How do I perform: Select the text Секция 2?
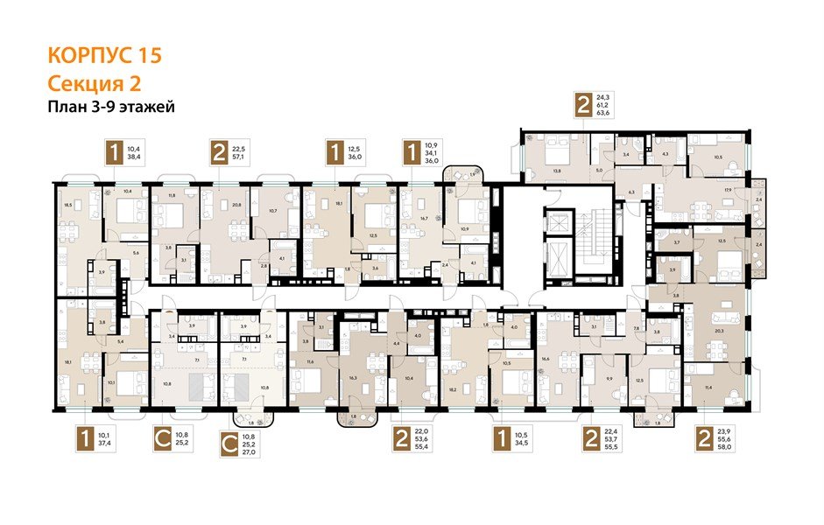[93, 84]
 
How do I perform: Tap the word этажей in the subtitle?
[153, 108]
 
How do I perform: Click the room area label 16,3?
[354, 378]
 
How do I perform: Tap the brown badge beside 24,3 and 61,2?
[583, 104]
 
